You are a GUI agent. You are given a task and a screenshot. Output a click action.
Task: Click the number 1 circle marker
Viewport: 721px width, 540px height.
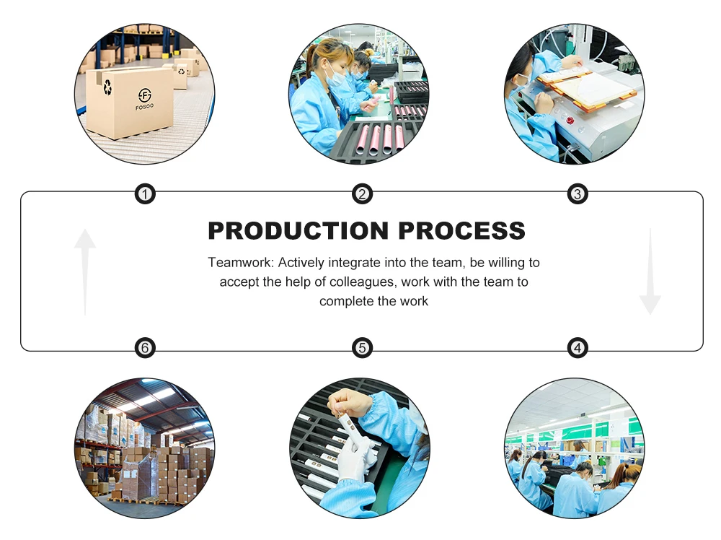(145, 193)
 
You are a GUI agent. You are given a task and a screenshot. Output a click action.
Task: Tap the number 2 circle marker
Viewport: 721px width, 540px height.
(362, 193)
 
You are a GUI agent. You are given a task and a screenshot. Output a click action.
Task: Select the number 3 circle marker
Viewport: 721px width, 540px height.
(577, 193)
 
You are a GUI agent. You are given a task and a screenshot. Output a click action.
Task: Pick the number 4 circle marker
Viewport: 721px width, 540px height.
(577, 348)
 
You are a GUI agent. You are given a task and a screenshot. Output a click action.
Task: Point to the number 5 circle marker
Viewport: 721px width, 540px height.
(362, 348)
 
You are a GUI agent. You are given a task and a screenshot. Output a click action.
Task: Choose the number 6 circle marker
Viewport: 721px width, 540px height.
(145, 348)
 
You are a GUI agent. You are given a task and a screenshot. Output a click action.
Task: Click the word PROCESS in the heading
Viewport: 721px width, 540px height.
(461, 230)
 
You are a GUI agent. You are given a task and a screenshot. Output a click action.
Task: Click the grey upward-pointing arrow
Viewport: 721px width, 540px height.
(85, 271)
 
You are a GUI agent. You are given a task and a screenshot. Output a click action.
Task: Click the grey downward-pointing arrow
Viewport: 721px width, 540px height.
(650, 271)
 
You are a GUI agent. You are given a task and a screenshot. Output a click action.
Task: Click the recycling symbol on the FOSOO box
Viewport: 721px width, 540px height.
(107, 87)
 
